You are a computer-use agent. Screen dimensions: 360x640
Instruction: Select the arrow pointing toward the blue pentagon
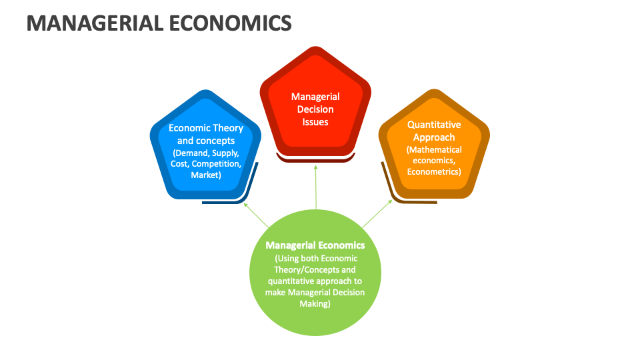click(x=257, y=216)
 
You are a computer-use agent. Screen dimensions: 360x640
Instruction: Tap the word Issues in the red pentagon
click(x=315, y=122)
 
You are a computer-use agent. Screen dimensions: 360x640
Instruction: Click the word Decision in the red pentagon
click(x=315, y=109)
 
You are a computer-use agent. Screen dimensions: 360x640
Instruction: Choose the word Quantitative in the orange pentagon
click(x=434, y=125)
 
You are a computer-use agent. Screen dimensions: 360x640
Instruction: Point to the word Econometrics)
click(x=434, y=171)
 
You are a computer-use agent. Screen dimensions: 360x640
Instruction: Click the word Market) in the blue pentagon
click(x=205, y=175)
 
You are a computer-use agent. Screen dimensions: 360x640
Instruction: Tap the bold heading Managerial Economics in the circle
click(x=315, y=245)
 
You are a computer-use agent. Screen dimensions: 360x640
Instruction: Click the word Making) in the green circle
click(x=315, y=303)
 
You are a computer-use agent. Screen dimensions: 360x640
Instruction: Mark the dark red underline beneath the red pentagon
click(x=315, y=159)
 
